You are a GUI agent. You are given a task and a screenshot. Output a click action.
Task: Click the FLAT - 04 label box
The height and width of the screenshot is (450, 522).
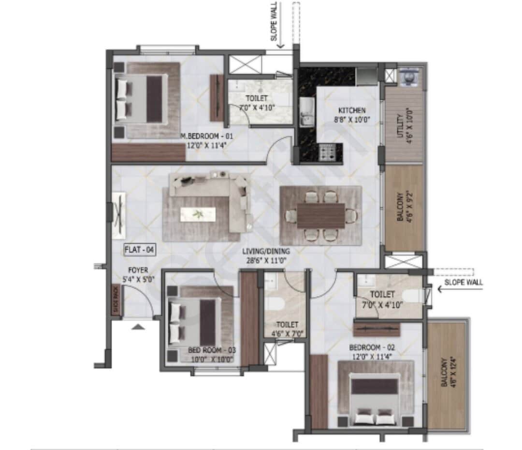point(139,250)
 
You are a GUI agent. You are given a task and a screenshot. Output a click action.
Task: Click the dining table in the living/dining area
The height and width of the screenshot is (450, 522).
point(321,215)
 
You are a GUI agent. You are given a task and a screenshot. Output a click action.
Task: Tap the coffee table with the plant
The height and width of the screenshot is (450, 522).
point(198,214)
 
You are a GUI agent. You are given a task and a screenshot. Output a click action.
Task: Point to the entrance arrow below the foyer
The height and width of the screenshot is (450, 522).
point(138,328)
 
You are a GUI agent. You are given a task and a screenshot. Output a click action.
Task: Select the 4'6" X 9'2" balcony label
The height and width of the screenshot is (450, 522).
point(404,208)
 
